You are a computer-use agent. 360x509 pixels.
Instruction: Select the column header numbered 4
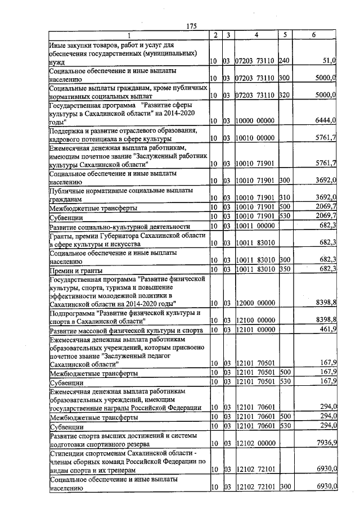[x=256, y=35]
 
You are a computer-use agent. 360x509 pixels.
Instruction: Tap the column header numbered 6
[x=314, y=35]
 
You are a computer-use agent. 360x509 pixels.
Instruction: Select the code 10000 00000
[x=254, y=120]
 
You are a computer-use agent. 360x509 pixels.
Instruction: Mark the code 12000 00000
[x=254, y=303]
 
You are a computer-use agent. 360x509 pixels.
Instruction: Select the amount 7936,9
[x=326, y=444]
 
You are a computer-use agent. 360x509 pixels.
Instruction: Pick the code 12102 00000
[x=254, y=444]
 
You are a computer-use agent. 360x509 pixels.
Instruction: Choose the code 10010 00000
[x=254, y=138]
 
